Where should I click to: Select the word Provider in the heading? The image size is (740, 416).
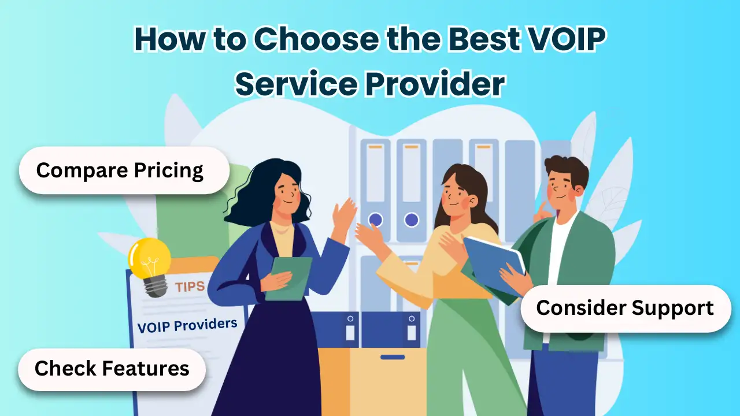(435, 84)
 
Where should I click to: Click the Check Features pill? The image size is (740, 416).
(112, 369)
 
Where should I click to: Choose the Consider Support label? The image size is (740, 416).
(626, 309)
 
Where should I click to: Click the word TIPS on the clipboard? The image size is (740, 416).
(190, 287)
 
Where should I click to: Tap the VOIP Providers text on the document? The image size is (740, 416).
(187, 325)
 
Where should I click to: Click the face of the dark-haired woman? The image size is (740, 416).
(286, 191)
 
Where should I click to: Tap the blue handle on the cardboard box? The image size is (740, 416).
(393, 357)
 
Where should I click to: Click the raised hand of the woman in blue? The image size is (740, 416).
(343, 214)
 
